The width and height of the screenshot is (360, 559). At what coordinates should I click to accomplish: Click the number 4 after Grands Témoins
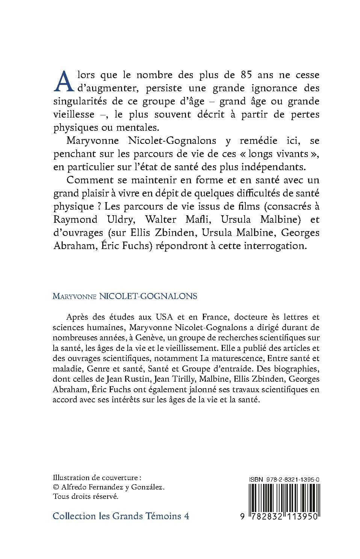(186, 516)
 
